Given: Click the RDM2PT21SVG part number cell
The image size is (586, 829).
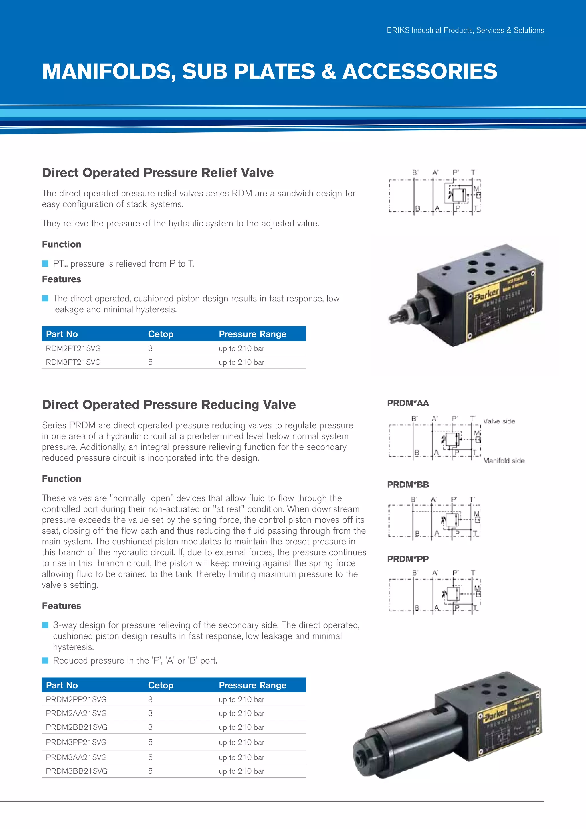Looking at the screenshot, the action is tap(73, 348).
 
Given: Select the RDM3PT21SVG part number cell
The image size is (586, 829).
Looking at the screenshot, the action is tap(73, 362).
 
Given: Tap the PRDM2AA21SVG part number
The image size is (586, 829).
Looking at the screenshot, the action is tap(76, 713).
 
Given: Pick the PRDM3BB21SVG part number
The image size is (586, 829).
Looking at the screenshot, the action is tap(76, 771).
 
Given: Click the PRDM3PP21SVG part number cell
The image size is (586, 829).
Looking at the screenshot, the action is tap(76, 742).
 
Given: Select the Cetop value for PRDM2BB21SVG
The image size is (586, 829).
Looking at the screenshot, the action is tap(150, 727).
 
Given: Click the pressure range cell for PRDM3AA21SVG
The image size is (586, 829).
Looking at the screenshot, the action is tap(241, 757).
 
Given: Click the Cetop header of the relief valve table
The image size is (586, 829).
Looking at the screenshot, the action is tap(161, 334).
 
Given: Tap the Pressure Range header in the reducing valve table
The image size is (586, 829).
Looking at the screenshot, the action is tap(253, 685).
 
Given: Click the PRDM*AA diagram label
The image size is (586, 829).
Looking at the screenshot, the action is tap(408, 403).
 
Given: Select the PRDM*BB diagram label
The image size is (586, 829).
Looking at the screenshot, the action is tap(408, 485).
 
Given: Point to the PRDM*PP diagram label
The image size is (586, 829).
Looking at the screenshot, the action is tap(408, 559).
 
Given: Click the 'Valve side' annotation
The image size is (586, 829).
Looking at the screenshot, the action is tap(499, 421).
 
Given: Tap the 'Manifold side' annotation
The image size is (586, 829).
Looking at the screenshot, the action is tap(504, 461).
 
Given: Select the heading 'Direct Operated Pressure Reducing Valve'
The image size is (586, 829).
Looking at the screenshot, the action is tap(169, 405).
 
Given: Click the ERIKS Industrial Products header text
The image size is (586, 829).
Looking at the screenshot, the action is tap(465, 30).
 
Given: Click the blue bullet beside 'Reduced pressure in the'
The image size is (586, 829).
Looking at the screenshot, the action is tap(45, 660).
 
